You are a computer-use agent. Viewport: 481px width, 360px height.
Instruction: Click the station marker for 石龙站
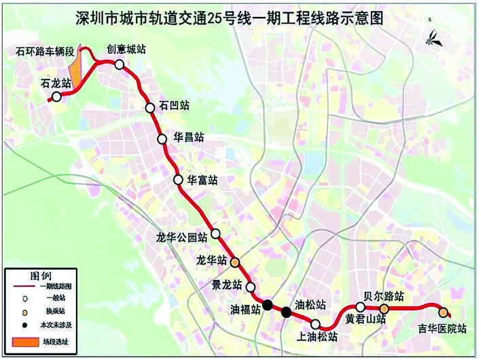pos(57,96)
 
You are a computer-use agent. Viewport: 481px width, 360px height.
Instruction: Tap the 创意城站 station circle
pos(120,64)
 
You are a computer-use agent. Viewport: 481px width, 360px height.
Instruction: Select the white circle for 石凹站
pos(150,107)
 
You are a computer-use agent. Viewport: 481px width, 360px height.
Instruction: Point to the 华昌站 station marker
pos(162,139)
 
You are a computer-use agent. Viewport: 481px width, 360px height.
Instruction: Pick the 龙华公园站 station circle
pos(215,234)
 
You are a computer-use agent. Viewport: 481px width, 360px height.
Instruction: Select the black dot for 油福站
pos(268,305)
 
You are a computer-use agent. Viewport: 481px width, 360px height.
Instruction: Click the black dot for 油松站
pos(287,312)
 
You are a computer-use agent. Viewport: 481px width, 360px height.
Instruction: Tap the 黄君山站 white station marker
pos(361,308)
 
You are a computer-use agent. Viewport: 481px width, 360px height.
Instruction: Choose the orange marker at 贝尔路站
pos(384,309)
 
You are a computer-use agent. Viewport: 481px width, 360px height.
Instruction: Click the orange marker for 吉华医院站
pos(443,312)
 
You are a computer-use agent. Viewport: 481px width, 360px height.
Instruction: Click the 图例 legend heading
pos(41,275)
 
